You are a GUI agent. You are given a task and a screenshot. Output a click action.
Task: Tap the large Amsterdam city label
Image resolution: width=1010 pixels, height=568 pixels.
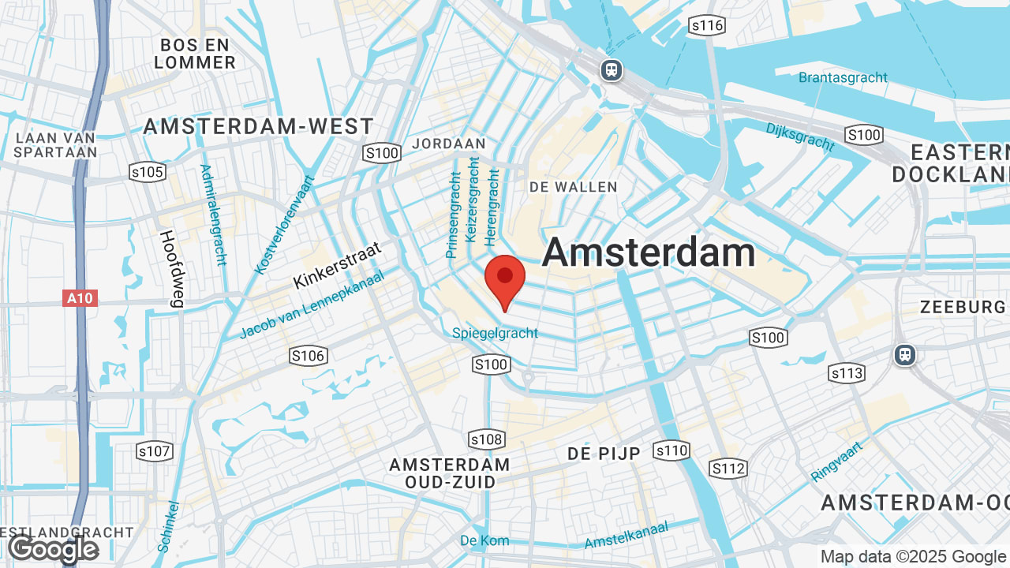click(649, 253)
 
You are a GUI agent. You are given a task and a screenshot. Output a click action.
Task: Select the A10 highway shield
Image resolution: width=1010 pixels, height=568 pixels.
click(80, 298)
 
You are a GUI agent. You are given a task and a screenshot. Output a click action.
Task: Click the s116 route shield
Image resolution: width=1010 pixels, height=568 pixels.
click(706, 26)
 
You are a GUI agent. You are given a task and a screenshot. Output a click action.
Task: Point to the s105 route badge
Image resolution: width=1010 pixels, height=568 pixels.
click(147, 172)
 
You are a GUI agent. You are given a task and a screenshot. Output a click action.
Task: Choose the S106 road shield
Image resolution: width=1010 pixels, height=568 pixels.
click(308, 356)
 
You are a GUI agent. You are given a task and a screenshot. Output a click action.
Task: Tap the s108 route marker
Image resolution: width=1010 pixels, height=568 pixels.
click(486, 439)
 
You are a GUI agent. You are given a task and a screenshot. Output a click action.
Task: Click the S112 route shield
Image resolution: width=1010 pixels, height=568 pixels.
click(728, 469)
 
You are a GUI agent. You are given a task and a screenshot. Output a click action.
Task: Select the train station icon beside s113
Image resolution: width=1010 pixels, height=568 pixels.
click(905, 355)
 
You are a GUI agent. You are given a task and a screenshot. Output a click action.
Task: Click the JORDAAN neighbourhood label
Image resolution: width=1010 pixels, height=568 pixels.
click(449, 144)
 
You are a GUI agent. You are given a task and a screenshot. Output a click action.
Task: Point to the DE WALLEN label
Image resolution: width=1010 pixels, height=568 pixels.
click(574, 187)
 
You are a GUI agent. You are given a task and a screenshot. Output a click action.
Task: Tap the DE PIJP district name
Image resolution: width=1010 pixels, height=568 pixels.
click(604, 454)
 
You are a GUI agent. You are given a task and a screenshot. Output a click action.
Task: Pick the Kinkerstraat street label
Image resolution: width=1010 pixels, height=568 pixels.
click(337, 266)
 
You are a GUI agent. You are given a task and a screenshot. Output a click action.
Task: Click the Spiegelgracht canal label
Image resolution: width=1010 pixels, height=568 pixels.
click(495, 333)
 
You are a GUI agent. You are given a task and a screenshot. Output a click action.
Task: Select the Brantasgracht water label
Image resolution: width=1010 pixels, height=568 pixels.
click(843, 77)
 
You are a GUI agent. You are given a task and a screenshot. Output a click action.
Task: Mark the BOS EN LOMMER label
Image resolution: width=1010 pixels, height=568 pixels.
click(195, 53)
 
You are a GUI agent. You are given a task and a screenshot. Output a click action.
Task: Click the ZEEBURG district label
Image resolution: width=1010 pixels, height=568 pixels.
click(963, 307)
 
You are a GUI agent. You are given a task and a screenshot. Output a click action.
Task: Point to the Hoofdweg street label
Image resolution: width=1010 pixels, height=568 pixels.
click(170, 268)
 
